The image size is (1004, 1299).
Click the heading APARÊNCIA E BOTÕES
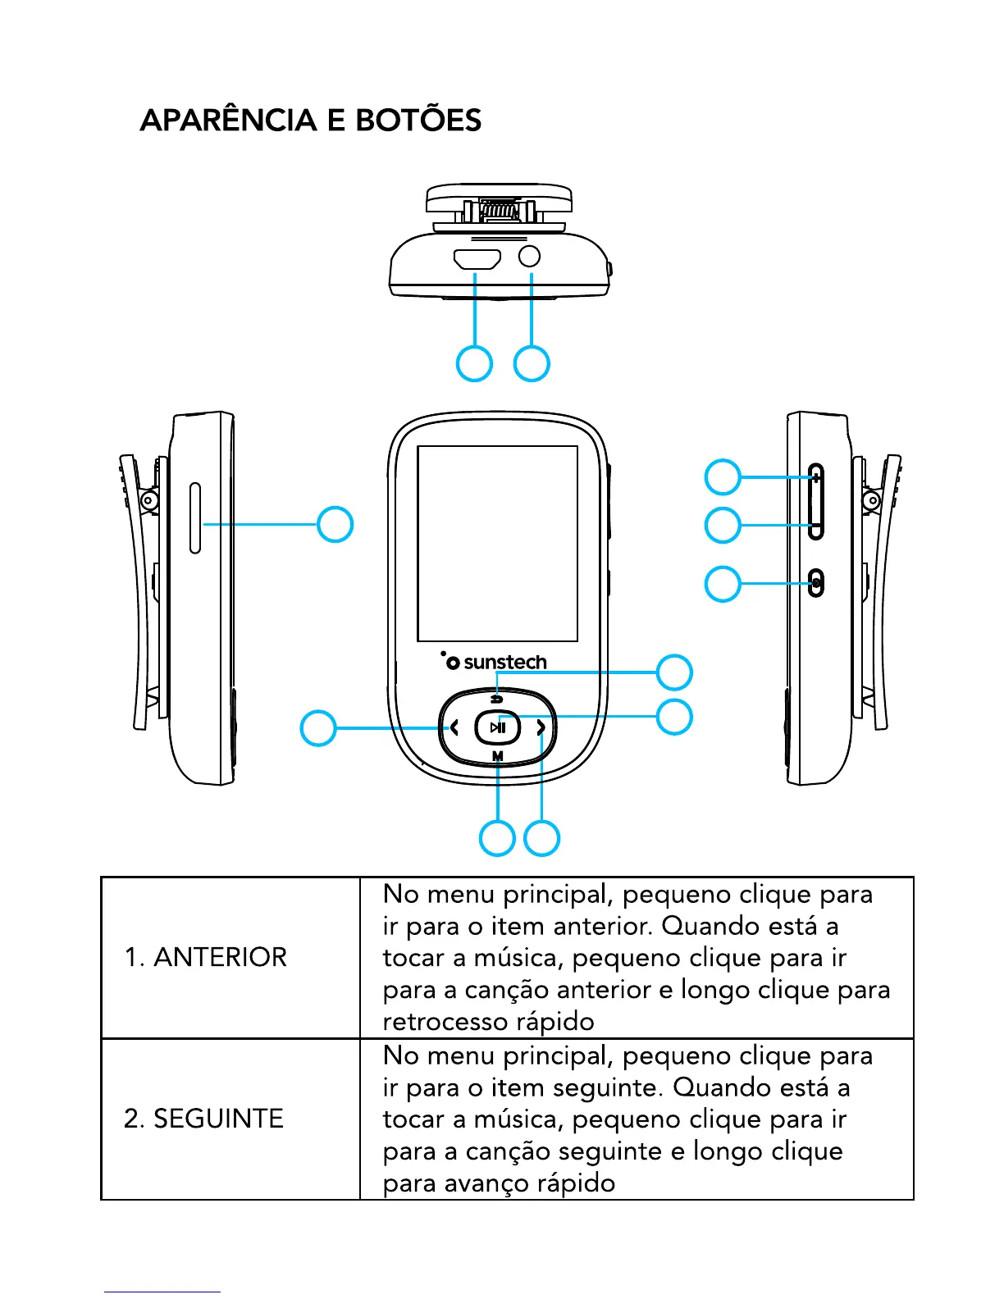(310, 121)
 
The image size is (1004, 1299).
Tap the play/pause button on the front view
(498, 727)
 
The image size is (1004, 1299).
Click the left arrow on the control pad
(454, 727)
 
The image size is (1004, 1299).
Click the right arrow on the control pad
(541, 727)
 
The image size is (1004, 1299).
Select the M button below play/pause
(498, 756)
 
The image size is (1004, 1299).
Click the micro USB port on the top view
(477, 260)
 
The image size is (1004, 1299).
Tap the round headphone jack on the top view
(530, 257)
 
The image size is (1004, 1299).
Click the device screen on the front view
(497, 543)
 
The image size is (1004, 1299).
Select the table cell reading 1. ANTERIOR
(205, 957)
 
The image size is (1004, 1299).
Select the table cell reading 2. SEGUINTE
(203, 1119)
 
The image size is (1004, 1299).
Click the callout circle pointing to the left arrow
(318, 727)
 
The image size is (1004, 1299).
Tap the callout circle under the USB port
(474, 364)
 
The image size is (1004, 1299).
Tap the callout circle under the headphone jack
(532, 364)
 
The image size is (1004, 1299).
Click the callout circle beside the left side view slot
(335, 524)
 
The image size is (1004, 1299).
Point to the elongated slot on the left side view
(195, 518)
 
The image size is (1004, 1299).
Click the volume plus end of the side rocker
(815, 477)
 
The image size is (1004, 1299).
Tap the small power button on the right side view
(816, 584)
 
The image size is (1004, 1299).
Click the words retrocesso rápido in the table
(488, 1022)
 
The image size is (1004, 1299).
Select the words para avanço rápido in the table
(499, 1183)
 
